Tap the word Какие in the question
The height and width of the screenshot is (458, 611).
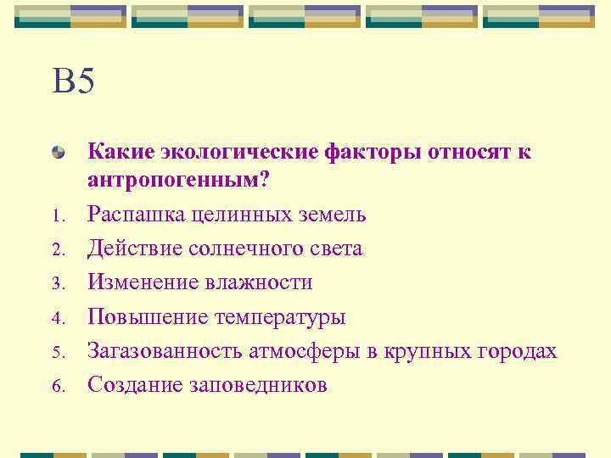[118, 152]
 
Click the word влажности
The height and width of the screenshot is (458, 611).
[258, 282]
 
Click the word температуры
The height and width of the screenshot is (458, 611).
[280, 318]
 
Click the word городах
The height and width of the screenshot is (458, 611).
[519, 352]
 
